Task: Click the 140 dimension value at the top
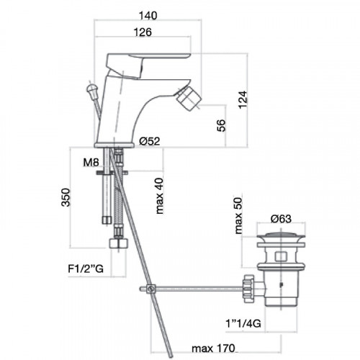[148, 16]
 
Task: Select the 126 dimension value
[143, 32]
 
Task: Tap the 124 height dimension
[243, 99]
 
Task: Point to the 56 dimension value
[221, 125]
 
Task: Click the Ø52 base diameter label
[150, 141]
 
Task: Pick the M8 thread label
[91, 163]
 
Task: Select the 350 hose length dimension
[66, 197]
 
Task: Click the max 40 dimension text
[159, 196]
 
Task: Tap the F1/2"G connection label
[86, 269]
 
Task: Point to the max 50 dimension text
[238, 215]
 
